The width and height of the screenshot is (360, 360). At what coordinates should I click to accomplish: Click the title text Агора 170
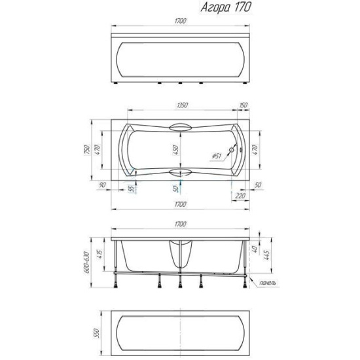226,7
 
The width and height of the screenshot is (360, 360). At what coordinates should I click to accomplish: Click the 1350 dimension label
183,105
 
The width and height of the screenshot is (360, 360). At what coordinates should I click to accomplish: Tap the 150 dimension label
243,105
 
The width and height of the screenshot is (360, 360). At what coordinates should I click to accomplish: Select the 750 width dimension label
87,150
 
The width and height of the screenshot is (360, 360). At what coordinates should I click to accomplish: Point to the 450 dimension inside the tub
175,150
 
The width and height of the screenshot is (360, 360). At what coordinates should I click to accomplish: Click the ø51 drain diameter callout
217,156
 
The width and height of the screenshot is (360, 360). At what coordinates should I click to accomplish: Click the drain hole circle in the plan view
232,150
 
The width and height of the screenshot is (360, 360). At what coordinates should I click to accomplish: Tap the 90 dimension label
102,185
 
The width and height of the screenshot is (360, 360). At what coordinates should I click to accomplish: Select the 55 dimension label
131,189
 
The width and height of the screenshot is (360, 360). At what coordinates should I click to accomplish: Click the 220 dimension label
240,196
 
